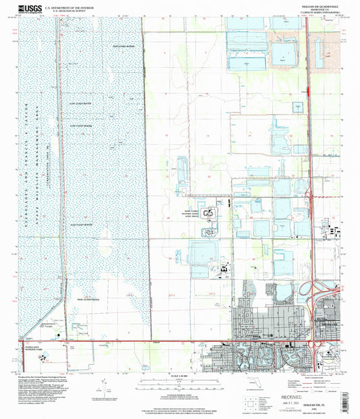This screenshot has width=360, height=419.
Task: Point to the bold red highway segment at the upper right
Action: tap(309, 88)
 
